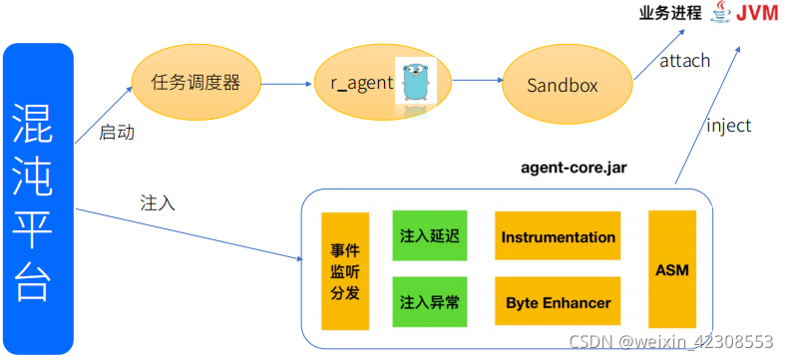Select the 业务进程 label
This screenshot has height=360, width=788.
[x=673, y=14]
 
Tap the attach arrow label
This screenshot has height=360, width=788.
[x=684, y=61]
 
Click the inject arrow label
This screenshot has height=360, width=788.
[x=728, y=126]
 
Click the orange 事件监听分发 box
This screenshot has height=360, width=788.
[x=344, y=270]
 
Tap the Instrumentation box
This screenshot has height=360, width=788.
[x=558, y=237]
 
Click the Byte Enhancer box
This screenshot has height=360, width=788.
[x=558, y=302]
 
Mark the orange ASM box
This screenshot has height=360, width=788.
[x=671, y=269]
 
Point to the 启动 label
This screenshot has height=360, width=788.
[x=117, y=132]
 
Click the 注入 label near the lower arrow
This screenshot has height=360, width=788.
[x=159, y=202]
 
